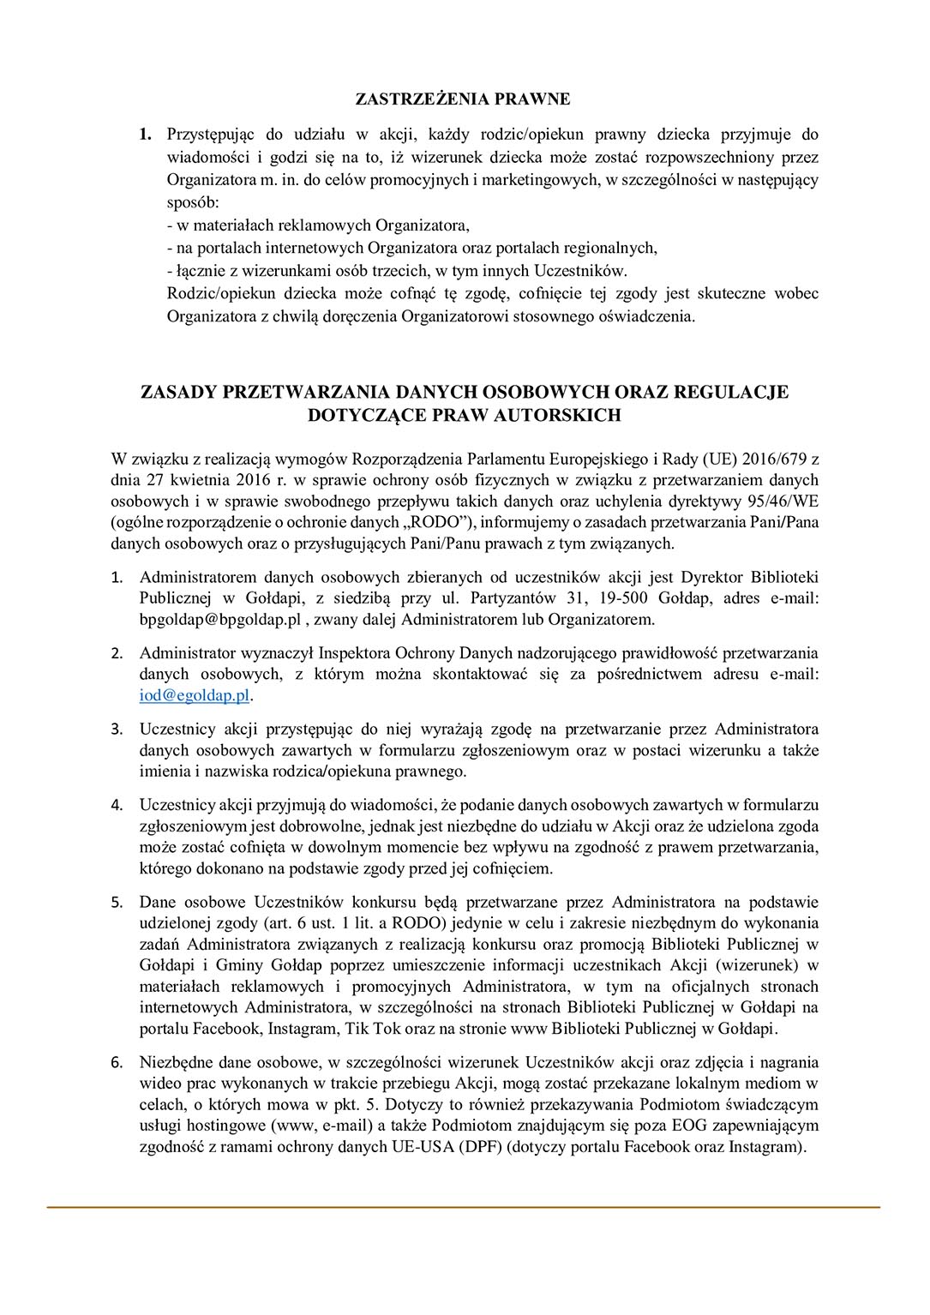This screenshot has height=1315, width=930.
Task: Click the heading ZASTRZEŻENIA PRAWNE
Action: (x=463, y=99)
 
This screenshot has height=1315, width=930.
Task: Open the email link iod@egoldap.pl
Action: (x=195, y=696)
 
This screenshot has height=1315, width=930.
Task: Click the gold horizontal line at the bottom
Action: (x=463, y=1208)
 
